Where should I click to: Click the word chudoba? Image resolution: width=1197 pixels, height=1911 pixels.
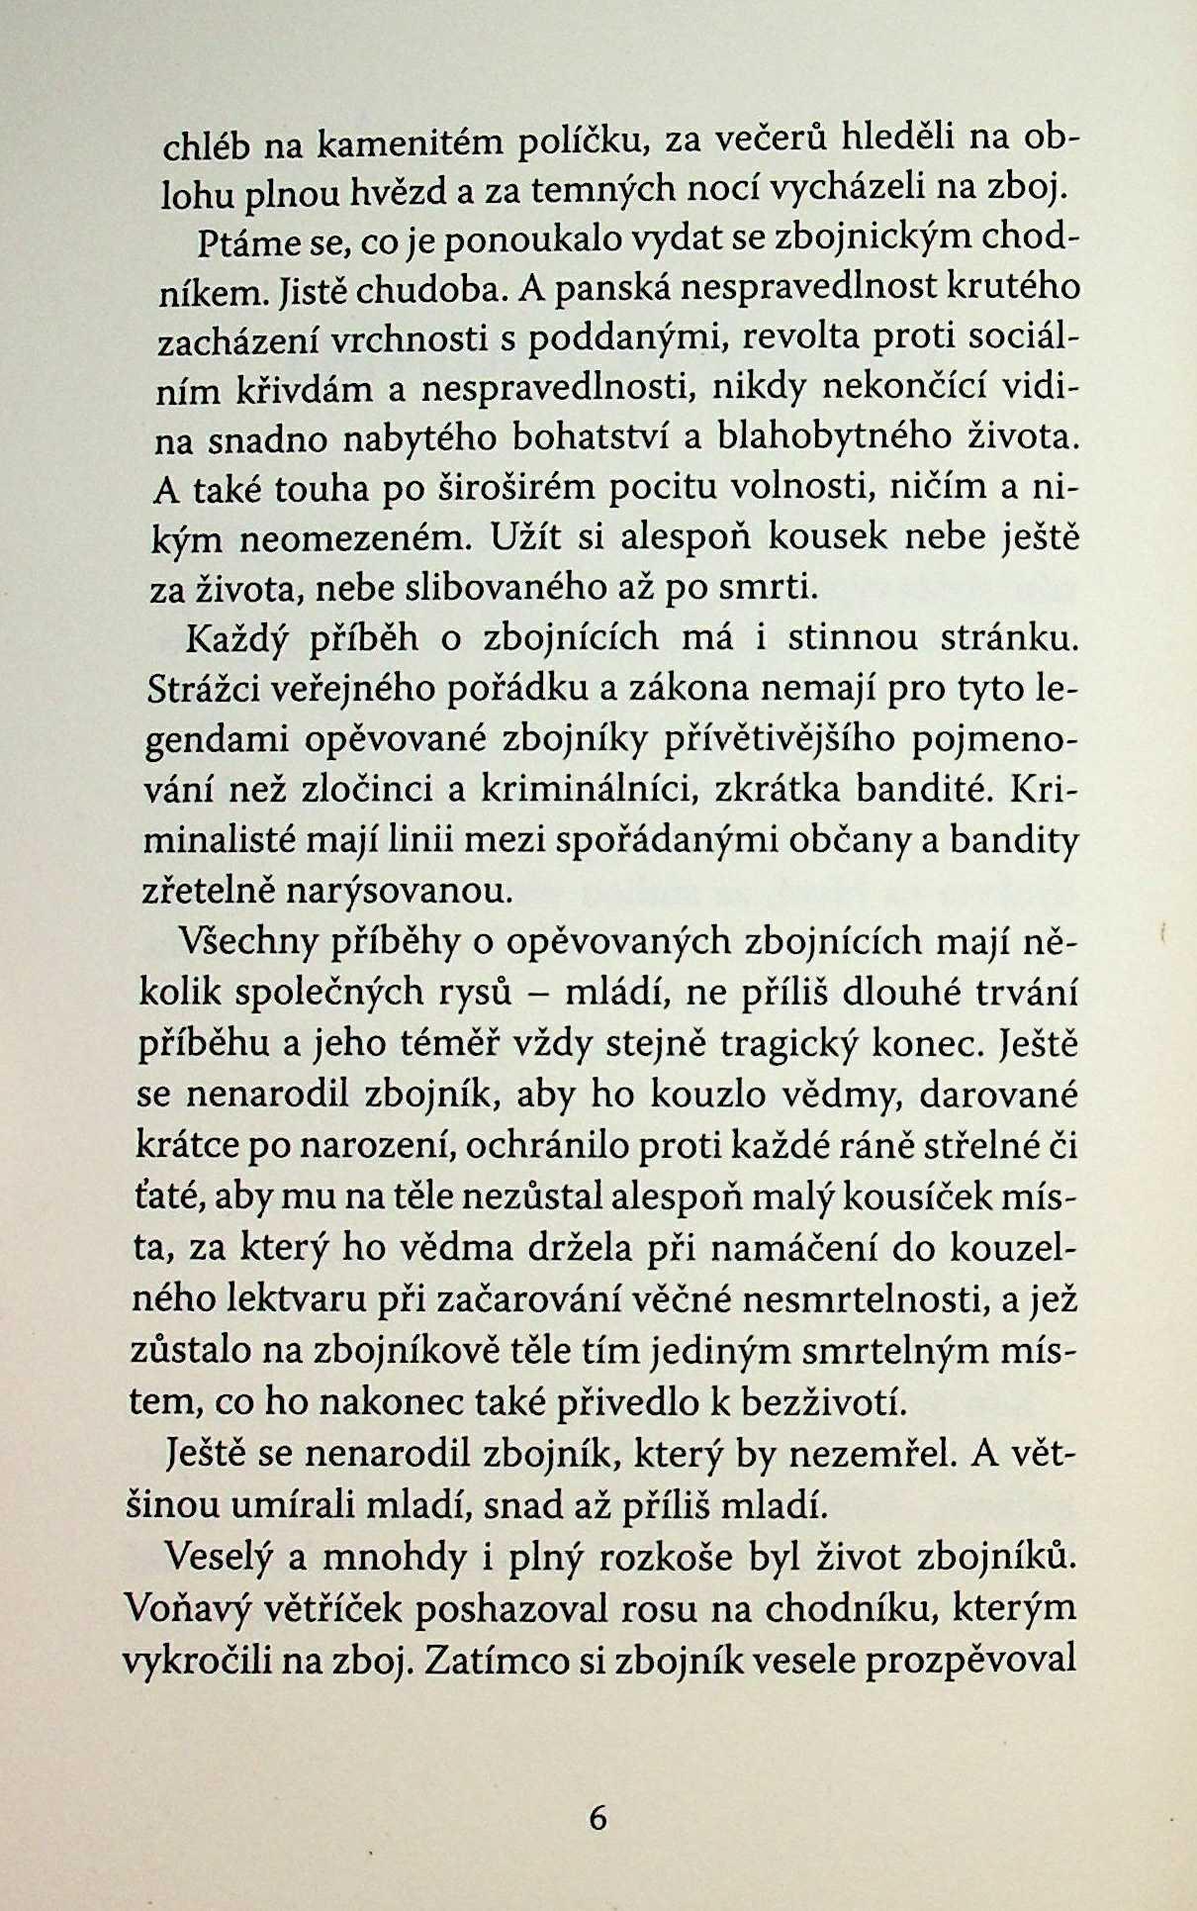click(x=435, y=293)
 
